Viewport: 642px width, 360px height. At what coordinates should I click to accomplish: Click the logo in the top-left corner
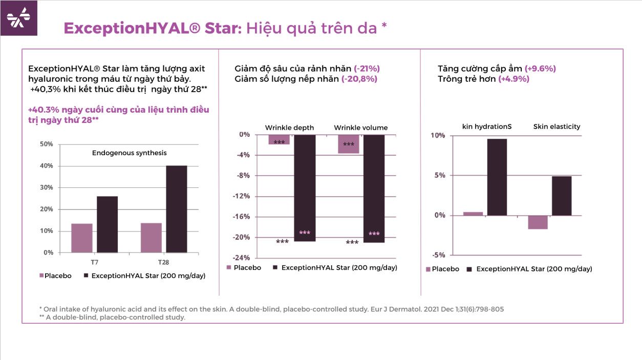[18, 18]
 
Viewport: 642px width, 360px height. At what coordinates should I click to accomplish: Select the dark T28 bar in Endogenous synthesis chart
[177, 209]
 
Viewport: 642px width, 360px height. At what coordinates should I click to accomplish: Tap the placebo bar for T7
[82, 238]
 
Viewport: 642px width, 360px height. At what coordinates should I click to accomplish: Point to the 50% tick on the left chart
[47, 144]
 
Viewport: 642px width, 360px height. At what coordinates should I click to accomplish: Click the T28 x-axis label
[163, 262]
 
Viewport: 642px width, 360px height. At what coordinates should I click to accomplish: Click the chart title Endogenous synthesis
[129, 153]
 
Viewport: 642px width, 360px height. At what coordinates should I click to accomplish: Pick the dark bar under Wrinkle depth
[305, 187]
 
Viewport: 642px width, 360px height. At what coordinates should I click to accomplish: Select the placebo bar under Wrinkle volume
[349, 144]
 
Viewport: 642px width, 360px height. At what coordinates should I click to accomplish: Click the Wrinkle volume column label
[361, 128]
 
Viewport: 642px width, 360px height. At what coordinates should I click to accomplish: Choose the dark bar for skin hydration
[497, 177]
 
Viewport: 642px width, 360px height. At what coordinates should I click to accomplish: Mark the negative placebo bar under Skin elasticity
[538, 222]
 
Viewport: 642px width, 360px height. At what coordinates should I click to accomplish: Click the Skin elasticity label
[557, 126]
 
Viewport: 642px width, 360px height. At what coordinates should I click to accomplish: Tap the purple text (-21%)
[367, 68]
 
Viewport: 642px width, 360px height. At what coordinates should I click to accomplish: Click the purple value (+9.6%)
[540, 68]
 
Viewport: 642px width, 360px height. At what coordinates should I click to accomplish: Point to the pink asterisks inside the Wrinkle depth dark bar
[305, 233]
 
